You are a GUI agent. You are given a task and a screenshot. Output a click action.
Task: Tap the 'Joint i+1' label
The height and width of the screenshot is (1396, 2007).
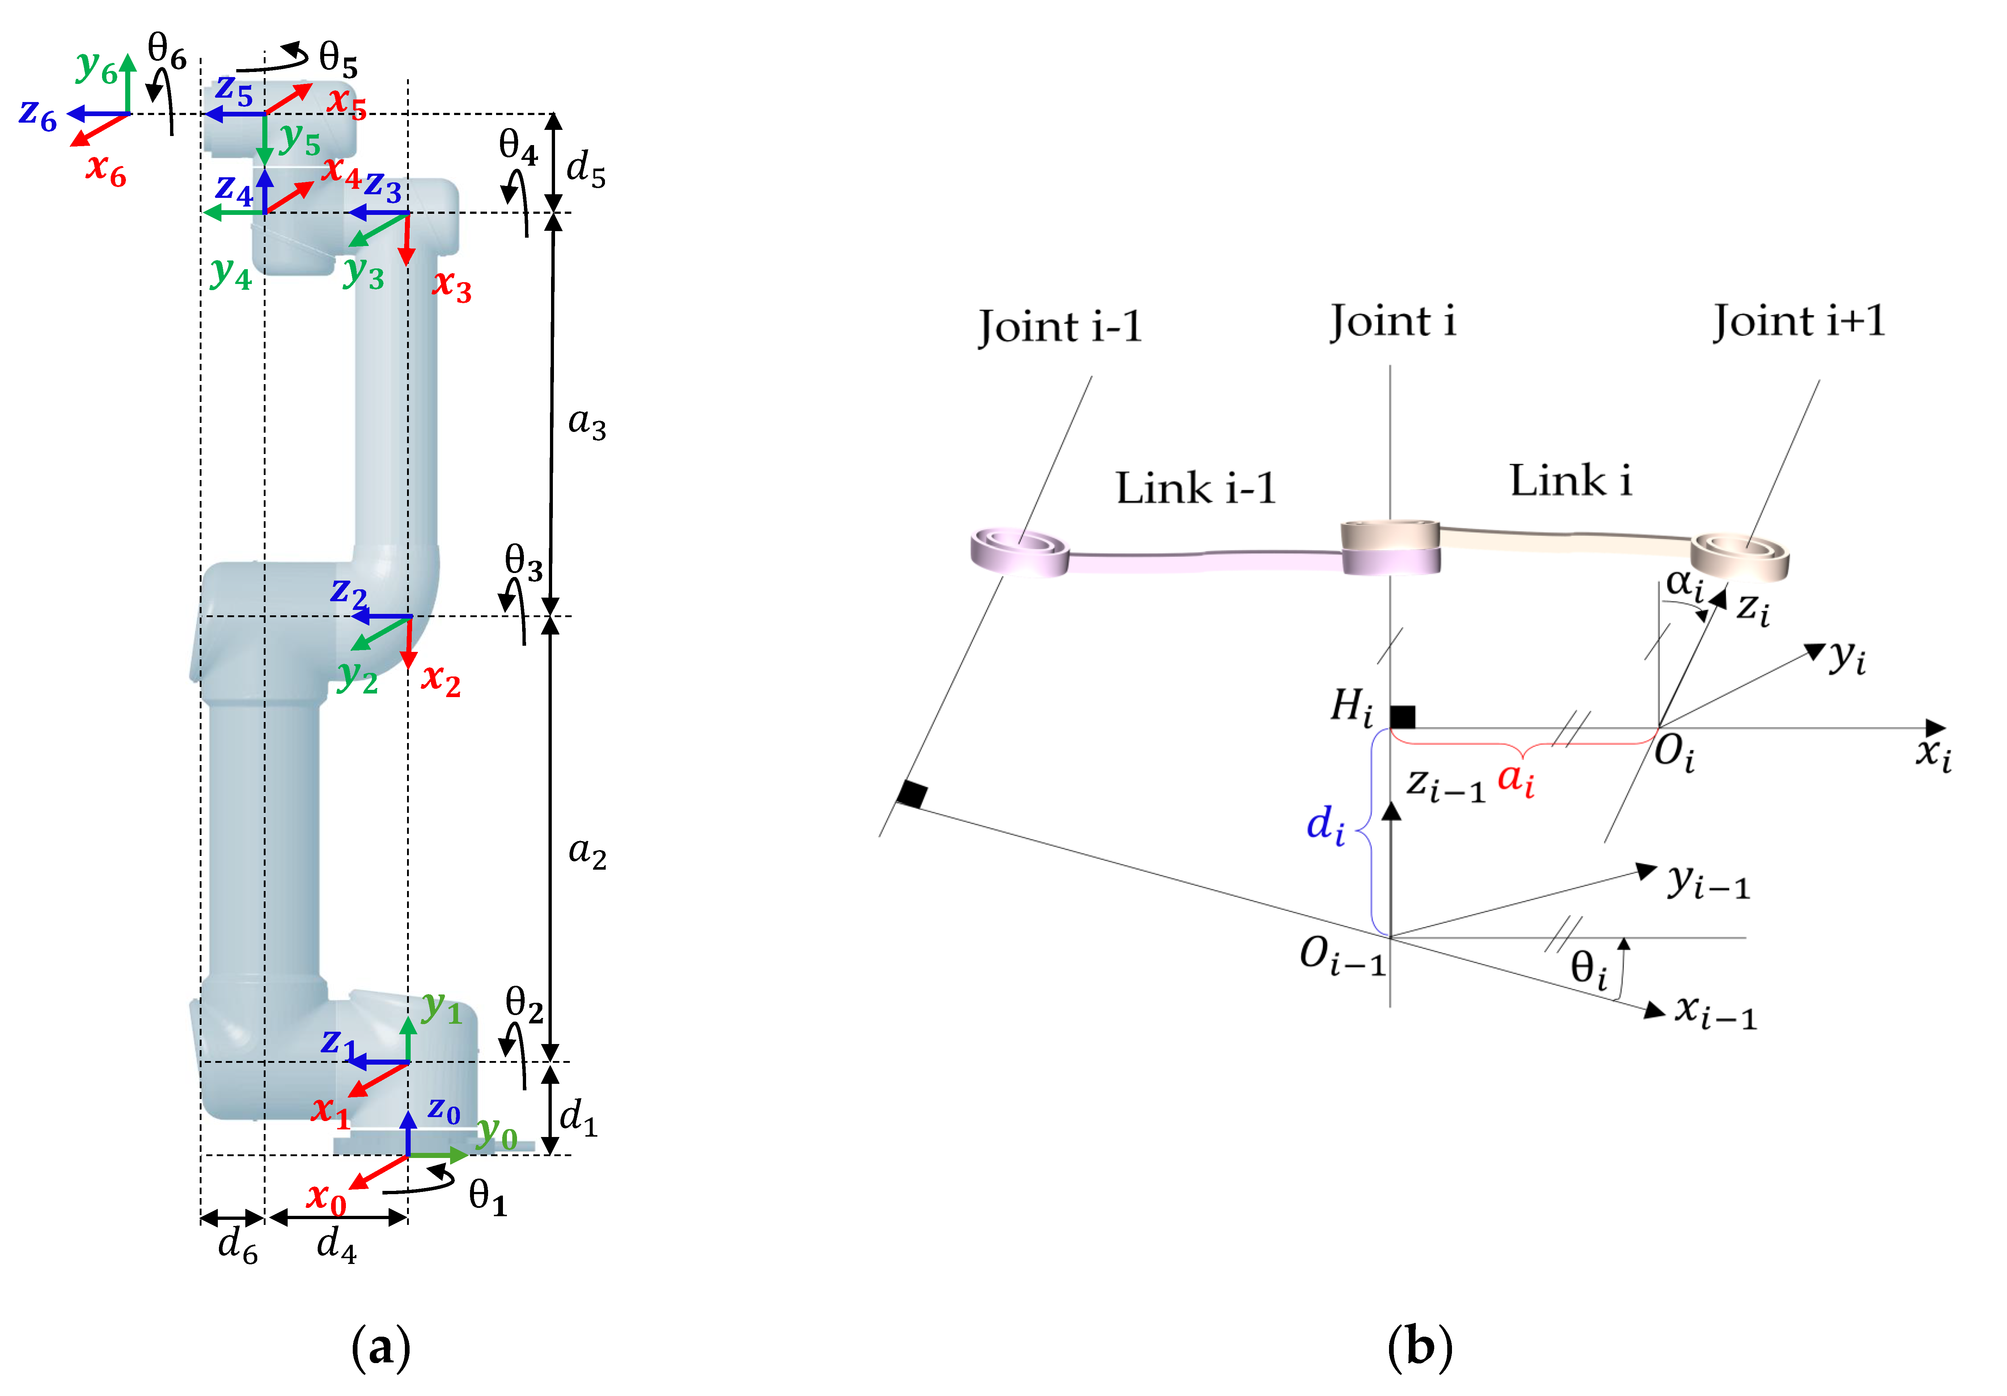click(x=1799, y=321)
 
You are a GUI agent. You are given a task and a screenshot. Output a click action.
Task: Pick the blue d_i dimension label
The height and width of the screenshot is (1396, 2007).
click(x=1325, y=824)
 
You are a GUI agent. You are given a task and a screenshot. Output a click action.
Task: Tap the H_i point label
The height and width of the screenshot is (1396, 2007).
click(x=1351, y=706)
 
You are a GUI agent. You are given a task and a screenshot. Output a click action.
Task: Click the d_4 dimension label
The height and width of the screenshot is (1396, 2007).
click(x=336, y=1245)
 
